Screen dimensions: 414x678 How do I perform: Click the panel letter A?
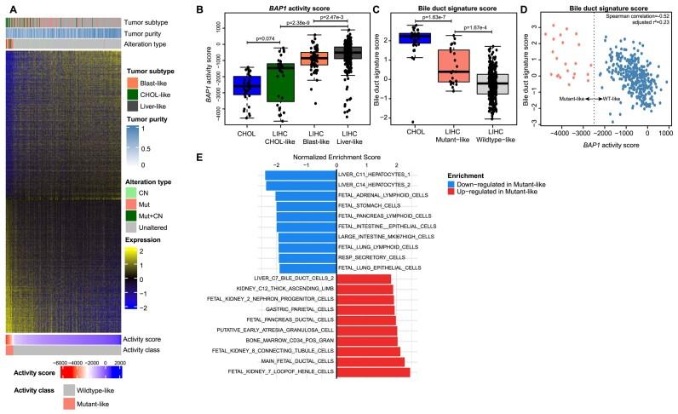pos(8,7)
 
